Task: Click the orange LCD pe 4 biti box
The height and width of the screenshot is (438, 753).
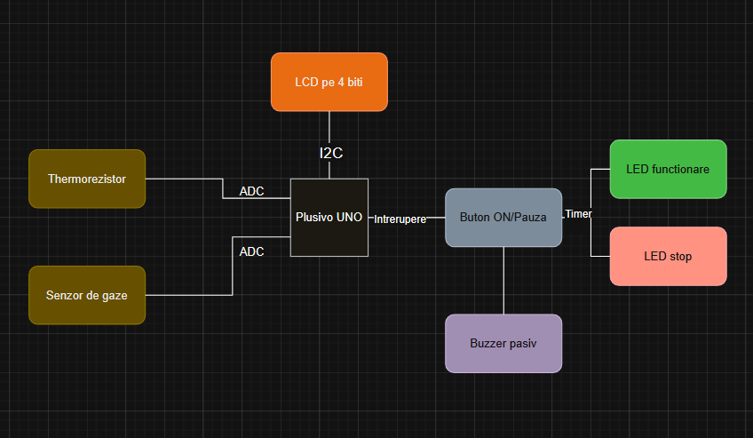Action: coord(329,82)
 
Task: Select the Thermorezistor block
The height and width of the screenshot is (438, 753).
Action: coord(87,179)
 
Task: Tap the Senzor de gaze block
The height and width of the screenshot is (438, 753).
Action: coord(87,295)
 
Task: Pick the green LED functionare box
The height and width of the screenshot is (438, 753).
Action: coord(668,169)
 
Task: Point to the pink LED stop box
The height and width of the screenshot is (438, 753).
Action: coord(668,256)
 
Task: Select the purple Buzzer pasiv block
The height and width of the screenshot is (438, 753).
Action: coord(503,343)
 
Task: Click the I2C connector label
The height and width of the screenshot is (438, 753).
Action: coord(330,153)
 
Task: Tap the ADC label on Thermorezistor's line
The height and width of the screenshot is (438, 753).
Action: coord(251,191)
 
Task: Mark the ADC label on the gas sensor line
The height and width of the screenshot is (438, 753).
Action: coord(251,251)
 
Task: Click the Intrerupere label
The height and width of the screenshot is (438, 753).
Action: coord(400,219)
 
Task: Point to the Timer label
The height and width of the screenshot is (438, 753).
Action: coord(578,214)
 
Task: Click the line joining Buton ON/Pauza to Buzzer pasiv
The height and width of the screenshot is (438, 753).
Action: coord(503,281)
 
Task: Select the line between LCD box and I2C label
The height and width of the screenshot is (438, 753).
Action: coord(329,126)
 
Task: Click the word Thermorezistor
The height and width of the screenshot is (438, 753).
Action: coord(87,179)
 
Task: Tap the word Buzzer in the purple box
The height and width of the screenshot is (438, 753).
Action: coord(487,343)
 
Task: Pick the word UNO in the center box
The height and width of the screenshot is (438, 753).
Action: coord(349,217)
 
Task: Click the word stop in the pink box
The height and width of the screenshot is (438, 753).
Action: coord(681,256)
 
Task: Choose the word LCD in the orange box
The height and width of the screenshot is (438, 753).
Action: coord(306,82)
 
